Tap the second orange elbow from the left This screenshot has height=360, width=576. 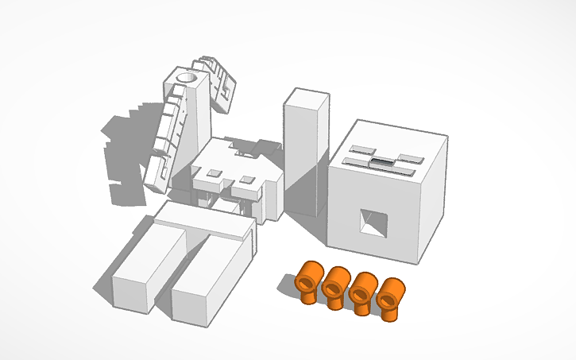334,285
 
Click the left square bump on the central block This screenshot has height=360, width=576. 215,171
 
